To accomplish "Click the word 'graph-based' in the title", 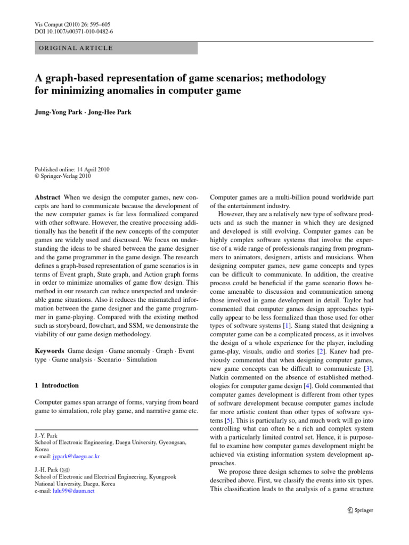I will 68,78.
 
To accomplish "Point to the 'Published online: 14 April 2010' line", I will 72,170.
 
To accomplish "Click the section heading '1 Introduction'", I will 56,385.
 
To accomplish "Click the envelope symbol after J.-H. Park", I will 65,470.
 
